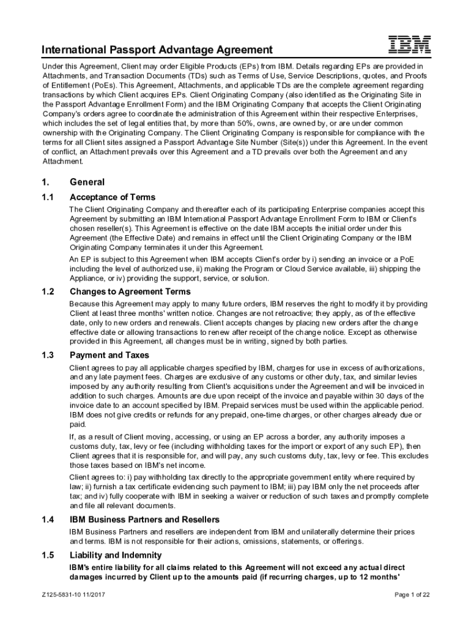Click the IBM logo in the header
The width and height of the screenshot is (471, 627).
[x=410, y=44]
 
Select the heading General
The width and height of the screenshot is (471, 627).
[x=87, y=182]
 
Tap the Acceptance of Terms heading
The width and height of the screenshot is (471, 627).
[x=113, y=197]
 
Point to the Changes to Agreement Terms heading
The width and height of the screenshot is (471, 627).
[x=130, y=291]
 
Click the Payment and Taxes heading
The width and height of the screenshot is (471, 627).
[x=109, y=355]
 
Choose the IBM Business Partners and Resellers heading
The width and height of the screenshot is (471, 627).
[x=146, y=520]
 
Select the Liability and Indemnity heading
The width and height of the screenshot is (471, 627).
[x=116, y=555]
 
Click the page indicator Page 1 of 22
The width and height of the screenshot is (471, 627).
[x=412, y=595]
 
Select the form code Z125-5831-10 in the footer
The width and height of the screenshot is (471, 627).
[x=61, y=595]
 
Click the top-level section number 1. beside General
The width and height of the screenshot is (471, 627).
[x=45, y=182]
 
